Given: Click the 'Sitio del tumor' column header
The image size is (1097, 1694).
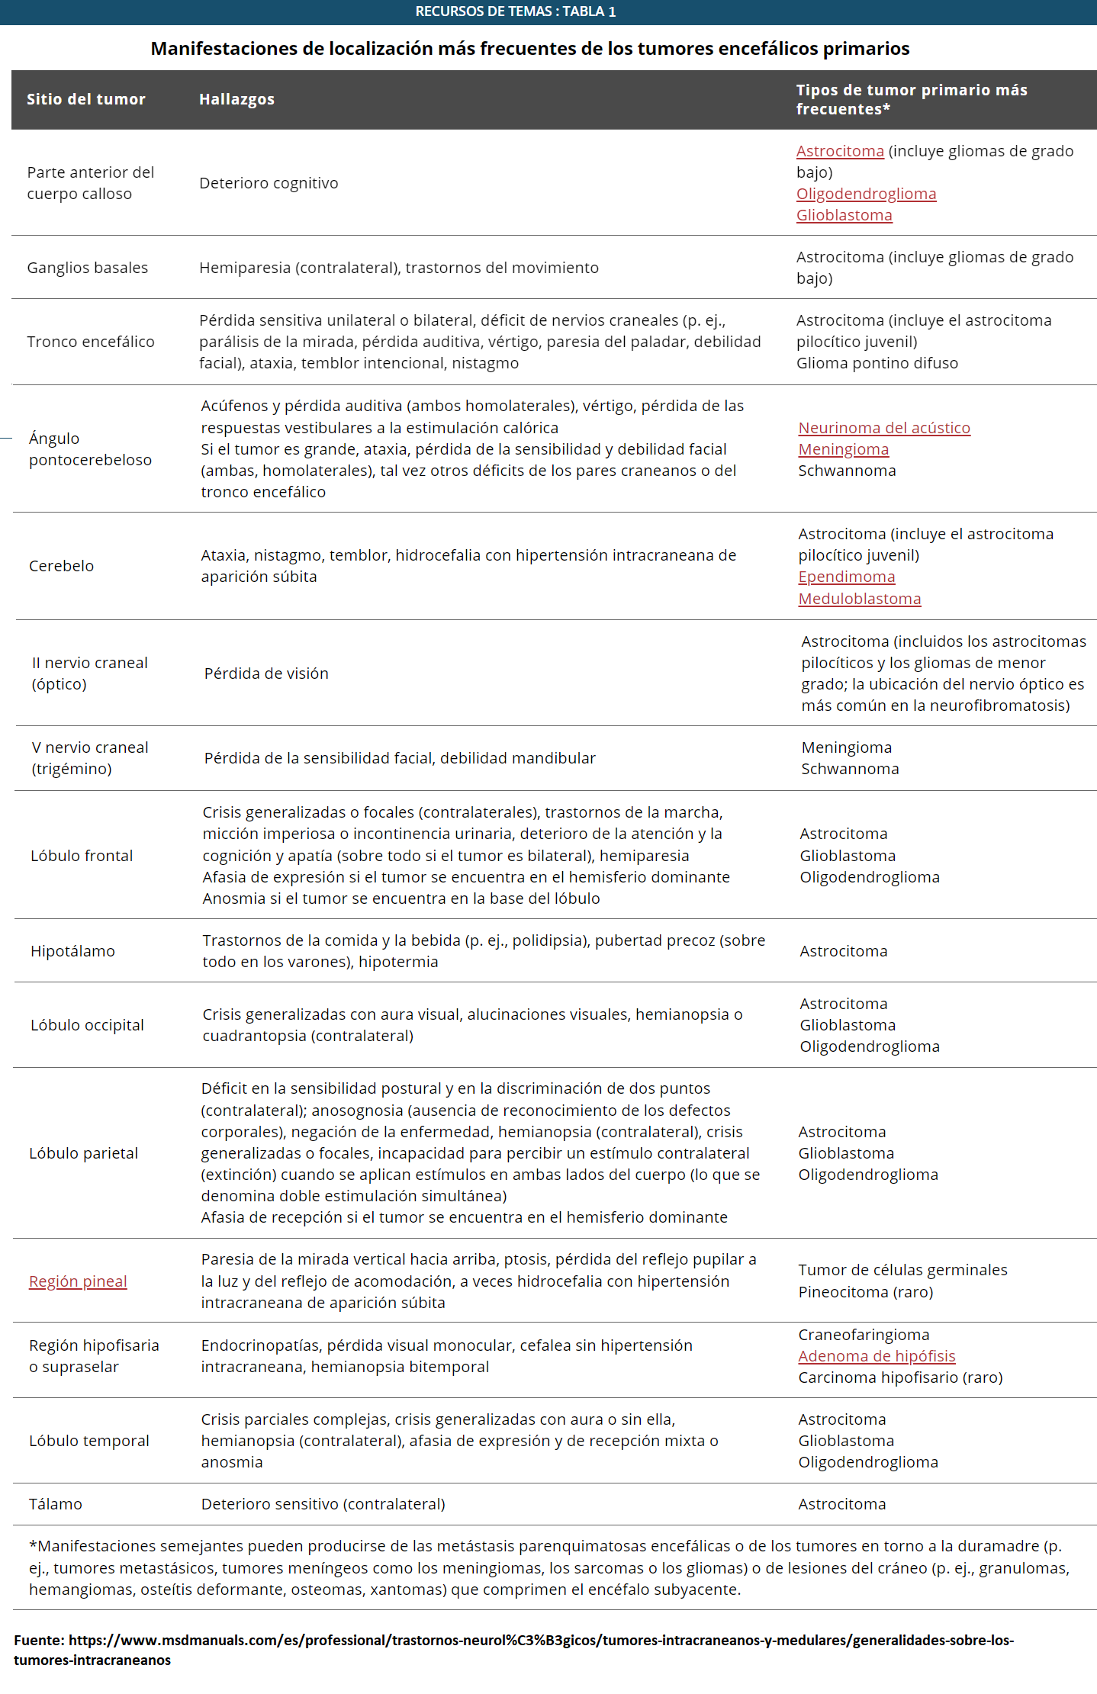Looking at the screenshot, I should [85, 99].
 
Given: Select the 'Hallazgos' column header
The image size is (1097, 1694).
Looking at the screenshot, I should [236, 99].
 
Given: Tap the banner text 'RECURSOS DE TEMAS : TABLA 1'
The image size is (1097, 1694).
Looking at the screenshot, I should [515, 11].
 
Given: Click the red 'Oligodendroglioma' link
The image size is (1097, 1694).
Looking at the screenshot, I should [866, 194].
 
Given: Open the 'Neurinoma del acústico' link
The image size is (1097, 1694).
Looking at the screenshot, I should [884, 428].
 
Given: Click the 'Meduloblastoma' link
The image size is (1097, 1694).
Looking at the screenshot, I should [860, 599].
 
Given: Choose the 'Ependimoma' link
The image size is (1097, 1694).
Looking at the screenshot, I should [847, 577].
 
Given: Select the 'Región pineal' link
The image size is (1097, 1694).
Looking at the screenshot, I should [78, 1281].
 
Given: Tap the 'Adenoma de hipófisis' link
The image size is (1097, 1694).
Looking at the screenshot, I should [877, 1356].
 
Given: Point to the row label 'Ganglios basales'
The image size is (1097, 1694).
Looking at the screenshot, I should [87, 268].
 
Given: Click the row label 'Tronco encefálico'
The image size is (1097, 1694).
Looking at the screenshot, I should [90, 342].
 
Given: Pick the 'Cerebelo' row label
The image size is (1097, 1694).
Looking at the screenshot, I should [61, 566].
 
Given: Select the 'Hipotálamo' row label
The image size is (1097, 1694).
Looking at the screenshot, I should [72, 951].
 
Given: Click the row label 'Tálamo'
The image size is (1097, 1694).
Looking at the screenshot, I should [55, 1504].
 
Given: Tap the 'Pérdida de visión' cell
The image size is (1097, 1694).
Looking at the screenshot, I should [266, 673].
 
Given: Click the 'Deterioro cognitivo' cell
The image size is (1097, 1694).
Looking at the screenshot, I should [269, 183].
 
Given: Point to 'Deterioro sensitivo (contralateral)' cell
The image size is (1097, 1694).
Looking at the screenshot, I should [323, 1504].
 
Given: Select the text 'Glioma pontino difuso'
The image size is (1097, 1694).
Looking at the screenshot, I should [877, 363].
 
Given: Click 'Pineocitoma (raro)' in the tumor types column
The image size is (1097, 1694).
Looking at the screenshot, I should [865, 1292].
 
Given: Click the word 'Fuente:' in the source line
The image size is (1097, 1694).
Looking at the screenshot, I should [39, 1640].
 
